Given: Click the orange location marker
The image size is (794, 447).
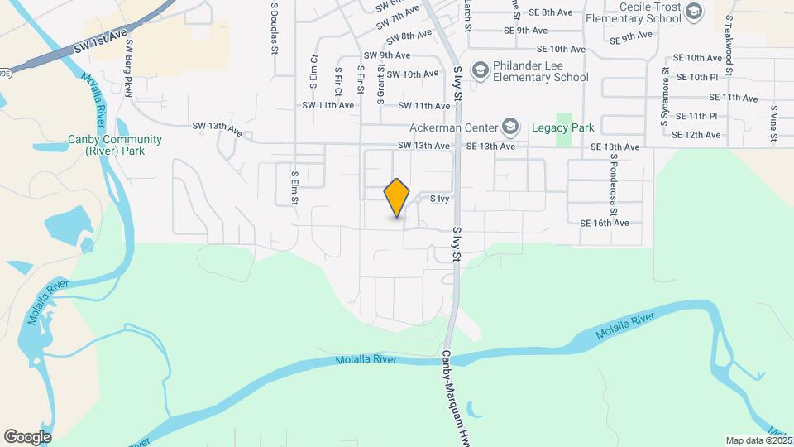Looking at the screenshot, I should click(397, 198).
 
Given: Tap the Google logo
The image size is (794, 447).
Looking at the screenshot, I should click(27, 437).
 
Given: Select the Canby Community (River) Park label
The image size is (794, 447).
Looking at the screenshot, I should click(116, 145).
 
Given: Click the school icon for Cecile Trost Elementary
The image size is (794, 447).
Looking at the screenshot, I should click(693, 11).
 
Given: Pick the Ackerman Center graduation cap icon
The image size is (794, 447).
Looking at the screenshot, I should click(510, 127).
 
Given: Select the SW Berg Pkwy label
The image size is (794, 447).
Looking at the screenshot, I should click(128, 69).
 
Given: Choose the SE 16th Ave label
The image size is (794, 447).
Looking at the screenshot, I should click(605, 223).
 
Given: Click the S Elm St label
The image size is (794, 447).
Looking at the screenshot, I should click(294, 191).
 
